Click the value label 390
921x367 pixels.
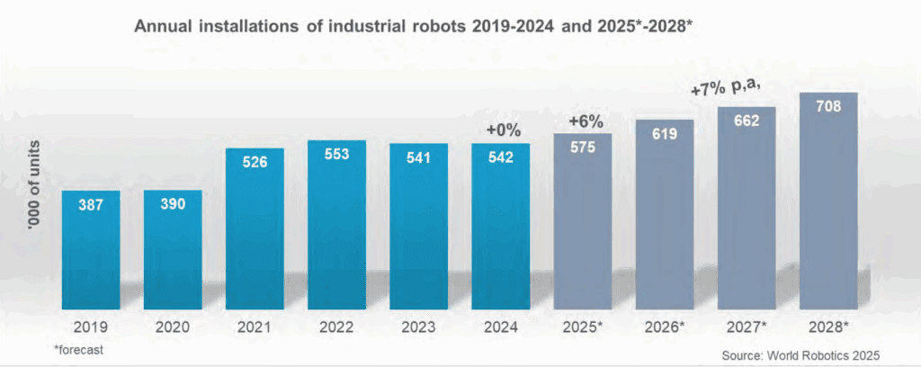pos(173,204)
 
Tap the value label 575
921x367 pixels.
pos(582,148)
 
